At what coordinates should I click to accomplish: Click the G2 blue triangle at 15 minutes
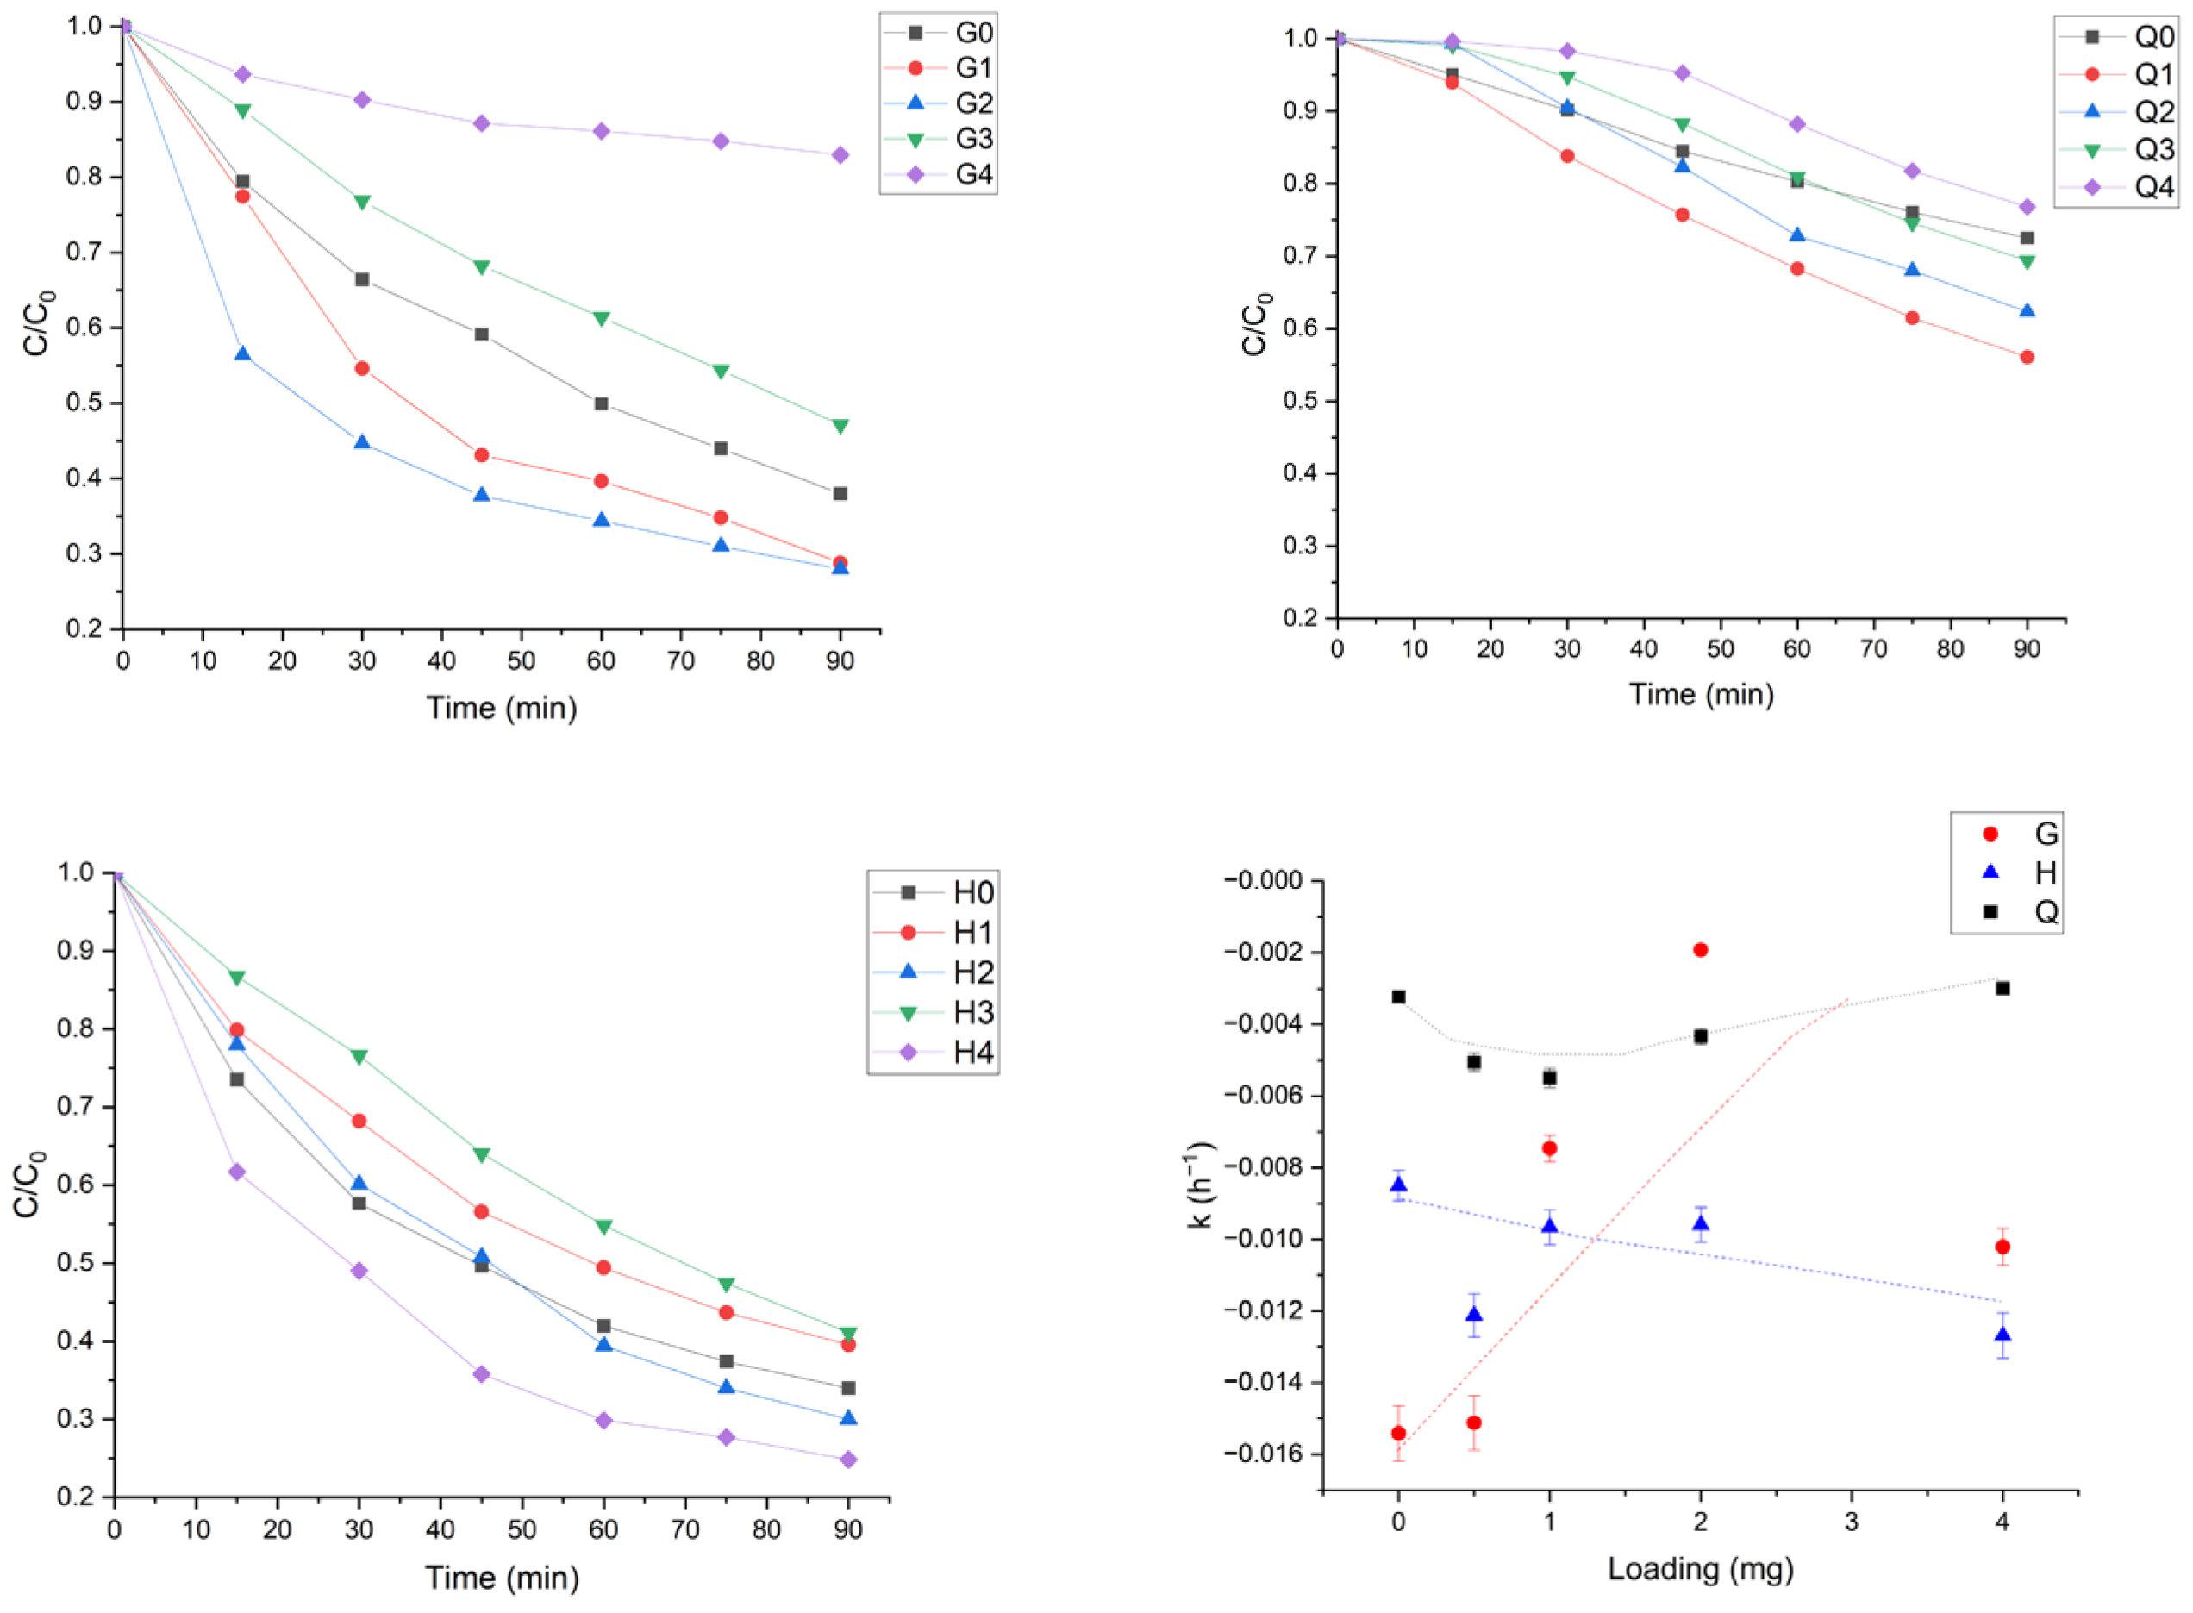[x=242, y=353]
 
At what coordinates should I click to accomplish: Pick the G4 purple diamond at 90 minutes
[x=840, y=155]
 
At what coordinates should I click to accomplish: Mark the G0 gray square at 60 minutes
[x=602, y=403]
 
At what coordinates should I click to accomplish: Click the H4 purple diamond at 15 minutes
[x=236, y=1172]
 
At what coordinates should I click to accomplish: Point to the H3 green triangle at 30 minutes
[x=359, y=1056]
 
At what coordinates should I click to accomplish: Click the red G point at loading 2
[x=1700, y=950]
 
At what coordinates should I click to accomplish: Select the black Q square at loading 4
[x=2002, y=988]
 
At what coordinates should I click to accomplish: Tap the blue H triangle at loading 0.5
[x=1473, y=1314]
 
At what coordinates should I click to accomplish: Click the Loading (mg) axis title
[x=1700, y=1569]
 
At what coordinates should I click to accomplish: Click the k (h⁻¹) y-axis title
[x=1200, y=1185]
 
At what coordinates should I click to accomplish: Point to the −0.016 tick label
[x=1264, y=1454]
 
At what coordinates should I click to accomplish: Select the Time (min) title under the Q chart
[x=1701, y=694]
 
